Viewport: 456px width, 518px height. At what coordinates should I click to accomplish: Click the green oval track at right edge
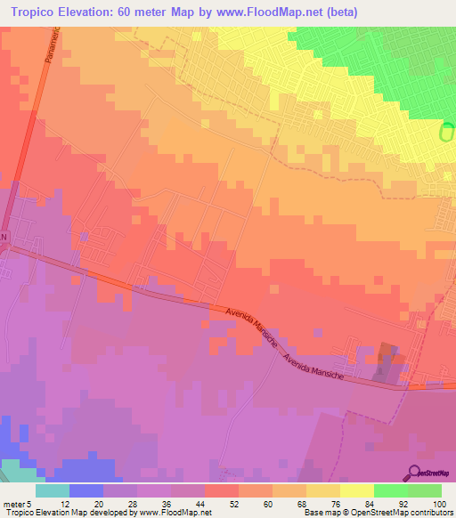click(x=447, y=133)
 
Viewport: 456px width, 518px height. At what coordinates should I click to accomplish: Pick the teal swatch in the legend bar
click(x=53, y=490)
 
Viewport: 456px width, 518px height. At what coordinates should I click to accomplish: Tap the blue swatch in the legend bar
click(x=86, y=490)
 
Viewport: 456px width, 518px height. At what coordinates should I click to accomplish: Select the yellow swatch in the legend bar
click(x=357, y=490)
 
